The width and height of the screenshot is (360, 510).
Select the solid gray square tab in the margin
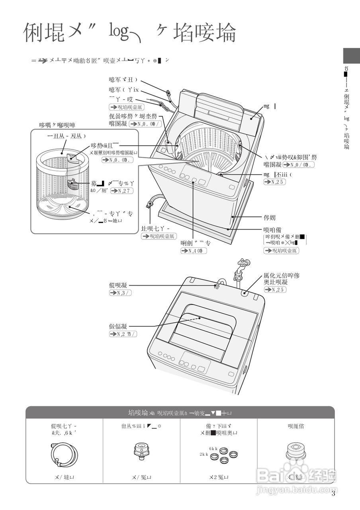(351, 55)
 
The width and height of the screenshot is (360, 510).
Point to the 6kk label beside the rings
(213, 449)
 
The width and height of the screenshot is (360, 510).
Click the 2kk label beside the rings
(204, 454)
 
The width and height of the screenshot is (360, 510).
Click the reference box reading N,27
(121, 191)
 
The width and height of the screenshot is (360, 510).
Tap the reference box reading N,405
(194, 251)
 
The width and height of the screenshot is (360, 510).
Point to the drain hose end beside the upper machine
(151, 204)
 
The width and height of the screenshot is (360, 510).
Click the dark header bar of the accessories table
(180, 412)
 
